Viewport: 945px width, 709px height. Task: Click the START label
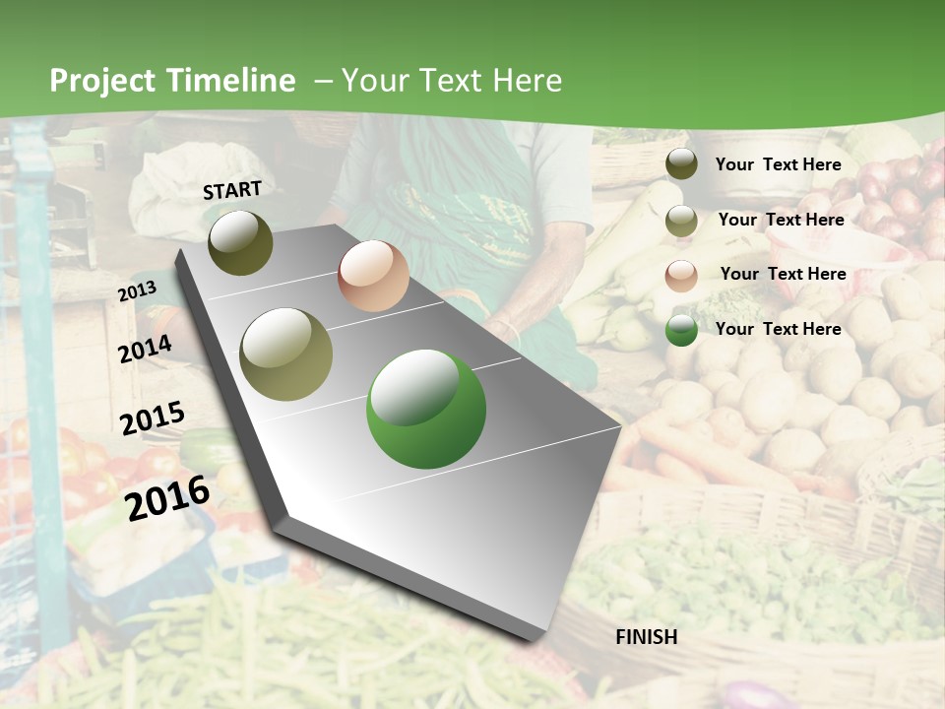click(232, 190)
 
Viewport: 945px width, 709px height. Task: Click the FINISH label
click(647, 637)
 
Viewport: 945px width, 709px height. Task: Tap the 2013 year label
click(137, 291)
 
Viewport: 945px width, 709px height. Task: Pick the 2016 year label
click(168, 497)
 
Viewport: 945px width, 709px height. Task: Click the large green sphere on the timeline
click(426, 409)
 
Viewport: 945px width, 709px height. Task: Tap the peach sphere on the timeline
click(373, 276)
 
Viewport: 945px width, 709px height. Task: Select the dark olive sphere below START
click(241, 242)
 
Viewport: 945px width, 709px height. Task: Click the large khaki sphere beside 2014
click(286, 354)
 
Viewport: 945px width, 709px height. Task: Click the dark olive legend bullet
click(681, 163)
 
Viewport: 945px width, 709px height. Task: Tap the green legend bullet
click(681, 330)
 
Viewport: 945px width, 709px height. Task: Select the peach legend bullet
click(681, 275)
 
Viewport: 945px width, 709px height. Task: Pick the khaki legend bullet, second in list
click(681, 220)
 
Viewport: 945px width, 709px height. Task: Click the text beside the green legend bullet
click(779, 329)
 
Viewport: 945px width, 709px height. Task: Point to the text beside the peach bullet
click(784, 274)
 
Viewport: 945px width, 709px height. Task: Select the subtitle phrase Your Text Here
click(452, 81)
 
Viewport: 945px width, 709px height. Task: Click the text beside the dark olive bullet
click(779, 164)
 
